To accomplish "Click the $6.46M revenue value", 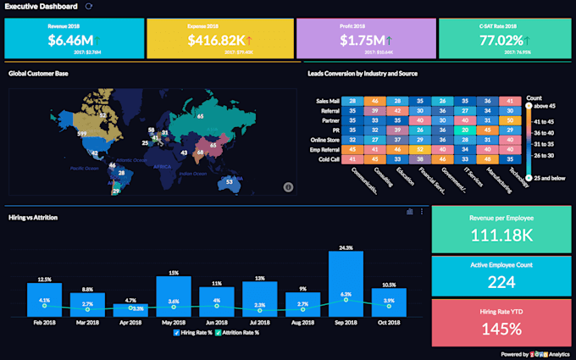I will (x=69, y=40).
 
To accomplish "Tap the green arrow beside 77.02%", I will (x=528, y=40).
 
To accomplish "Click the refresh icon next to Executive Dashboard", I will (x=90, y=6).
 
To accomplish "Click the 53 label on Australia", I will (x=229, y=181).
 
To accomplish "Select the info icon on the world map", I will (x=287, y=186).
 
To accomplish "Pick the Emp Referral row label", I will (x=324, y=149).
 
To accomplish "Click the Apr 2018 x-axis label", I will (x=130, y=322).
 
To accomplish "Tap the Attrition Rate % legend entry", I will (x=239, y=332).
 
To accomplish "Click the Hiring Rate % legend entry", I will (x=194, y=332).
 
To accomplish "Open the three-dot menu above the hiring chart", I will (x=422, y=211).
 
